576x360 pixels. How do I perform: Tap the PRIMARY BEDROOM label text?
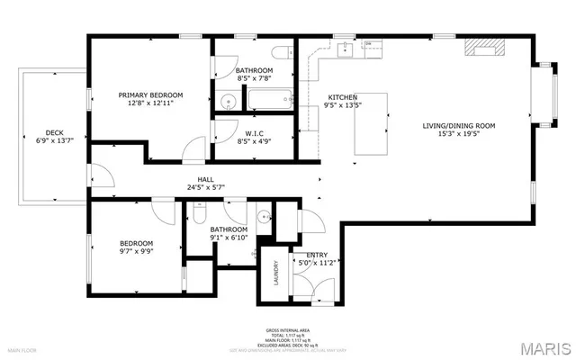click(x=151, y=94)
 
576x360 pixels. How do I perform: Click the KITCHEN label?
click(x=342, y=96)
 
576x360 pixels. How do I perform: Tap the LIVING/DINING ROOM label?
click(x=459, y=125)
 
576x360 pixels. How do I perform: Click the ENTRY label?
click(x=317, y=255)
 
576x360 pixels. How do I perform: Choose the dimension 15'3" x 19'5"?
click(x=459, y=135)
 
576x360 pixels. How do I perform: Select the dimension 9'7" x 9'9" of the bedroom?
click(x=137, y=253)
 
